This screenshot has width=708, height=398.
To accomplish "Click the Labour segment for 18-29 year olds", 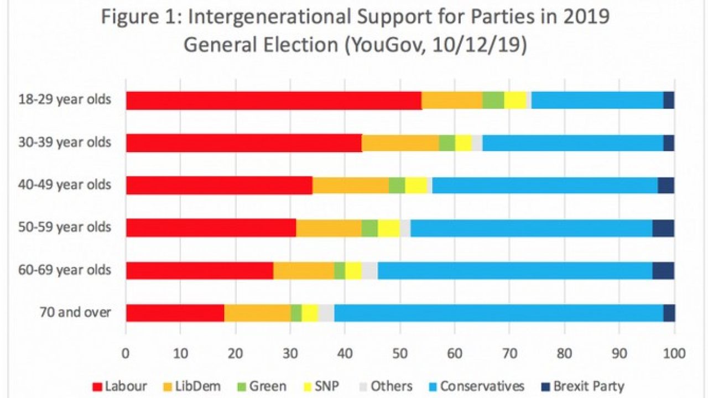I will (274, 100).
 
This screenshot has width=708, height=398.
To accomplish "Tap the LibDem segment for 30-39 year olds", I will (400, 143).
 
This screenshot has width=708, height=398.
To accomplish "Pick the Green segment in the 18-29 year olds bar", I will (493, 100).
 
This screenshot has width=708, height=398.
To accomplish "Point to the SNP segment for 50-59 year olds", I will (389, 228).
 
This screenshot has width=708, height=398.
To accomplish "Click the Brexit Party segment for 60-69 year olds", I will (663, 270).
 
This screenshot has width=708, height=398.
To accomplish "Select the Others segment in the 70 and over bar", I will (326, 313).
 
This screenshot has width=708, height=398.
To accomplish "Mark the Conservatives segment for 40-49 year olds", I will (545, 185).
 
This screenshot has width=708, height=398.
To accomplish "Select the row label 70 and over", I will (75, 313).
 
